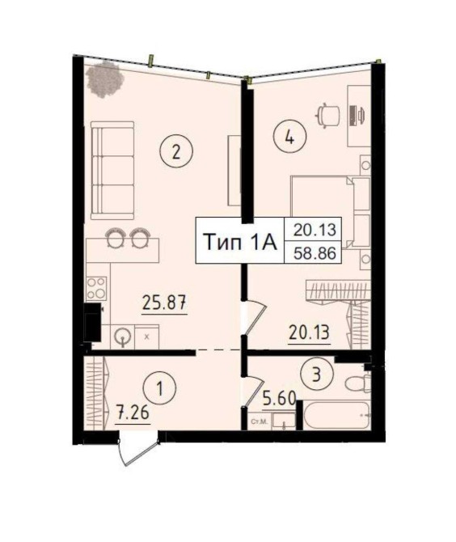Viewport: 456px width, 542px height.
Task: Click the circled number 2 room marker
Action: tap(176, 151)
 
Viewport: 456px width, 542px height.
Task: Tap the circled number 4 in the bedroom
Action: tap(289, 138)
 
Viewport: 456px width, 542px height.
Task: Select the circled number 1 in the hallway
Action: tap(160, 389)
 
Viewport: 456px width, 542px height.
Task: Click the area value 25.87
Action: tap(164, 304)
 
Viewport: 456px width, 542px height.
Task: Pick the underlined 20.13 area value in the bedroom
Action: tap(310, 333)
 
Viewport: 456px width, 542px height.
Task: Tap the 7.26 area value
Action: tap(133, 413)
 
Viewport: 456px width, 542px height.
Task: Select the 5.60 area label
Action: tap(279, 400)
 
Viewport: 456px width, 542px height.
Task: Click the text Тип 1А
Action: tap(240, 241)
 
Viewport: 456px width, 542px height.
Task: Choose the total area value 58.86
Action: tap(315, 254)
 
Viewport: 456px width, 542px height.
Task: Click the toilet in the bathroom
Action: tap(357, 383)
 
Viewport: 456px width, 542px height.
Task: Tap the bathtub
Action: tap(337, 415)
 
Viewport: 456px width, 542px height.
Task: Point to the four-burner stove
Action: tap(96, 288)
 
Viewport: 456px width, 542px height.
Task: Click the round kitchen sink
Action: tap(123, 336)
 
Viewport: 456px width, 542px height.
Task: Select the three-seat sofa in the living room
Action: tap(112, 171)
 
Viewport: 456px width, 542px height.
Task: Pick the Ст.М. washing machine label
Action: tap(258, 421)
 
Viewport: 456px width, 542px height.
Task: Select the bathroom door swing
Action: tap(254, 392)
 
